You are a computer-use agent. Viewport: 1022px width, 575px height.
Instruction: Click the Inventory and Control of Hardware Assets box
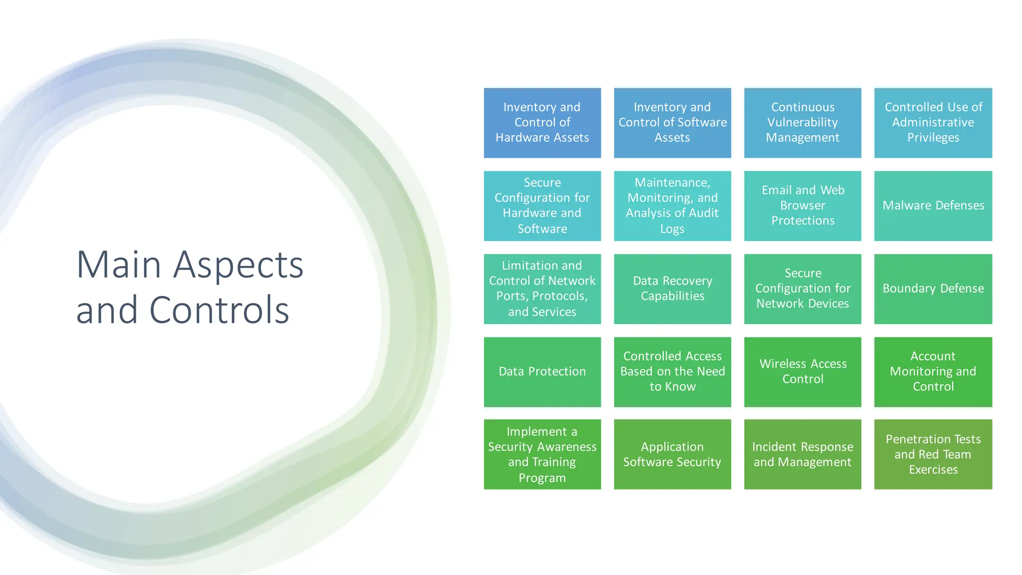click(542, 123)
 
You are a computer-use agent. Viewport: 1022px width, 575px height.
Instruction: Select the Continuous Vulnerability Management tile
click(802, 123)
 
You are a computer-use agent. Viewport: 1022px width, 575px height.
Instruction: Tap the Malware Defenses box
click(933, 206)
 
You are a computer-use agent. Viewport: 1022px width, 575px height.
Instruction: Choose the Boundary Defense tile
click(933, 288)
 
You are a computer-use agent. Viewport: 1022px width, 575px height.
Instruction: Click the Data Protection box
click(542, 371)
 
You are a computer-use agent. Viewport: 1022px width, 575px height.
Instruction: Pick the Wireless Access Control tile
click(802, 371)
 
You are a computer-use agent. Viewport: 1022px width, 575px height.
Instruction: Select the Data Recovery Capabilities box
click(672, 288)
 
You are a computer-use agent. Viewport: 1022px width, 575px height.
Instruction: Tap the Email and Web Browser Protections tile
click(802, 206)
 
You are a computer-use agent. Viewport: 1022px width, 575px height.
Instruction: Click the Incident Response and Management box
click(802, 454)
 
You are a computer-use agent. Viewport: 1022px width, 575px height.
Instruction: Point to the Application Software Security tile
click(672, 454)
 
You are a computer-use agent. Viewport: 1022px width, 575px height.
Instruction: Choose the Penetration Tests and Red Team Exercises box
click(933, 454)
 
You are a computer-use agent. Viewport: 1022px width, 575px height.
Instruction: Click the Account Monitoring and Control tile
click(933, 371)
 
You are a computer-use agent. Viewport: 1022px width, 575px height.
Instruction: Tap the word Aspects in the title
click(238, 266)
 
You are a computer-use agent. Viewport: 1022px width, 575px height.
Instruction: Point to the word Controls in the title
click(219, 310)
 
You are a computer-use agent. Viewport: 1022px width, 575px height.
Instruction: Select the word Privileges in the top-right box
click(933, 138)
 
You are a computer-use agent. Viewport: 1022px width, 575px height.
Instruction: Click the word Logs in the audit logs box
click(672, 229)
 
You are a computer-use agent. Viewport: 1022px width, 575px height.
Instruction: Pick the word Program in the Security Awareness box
click(542, 478)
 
